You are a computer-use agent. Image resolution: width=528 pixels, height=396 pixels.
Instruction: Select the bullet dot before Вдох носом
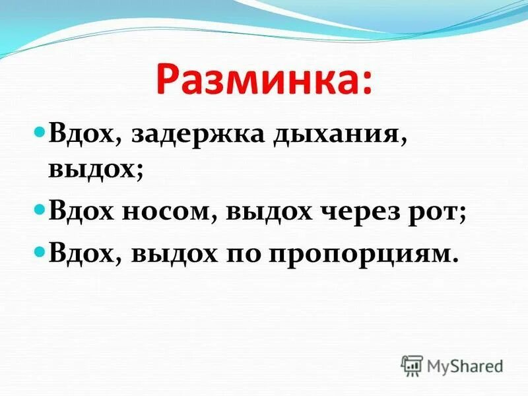39,213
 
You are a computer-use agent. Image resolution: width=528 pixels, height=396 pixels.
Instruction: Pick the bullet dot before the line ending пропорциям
39,251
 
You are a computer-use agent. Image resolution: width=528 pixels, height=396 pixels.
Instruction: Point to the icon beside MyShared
412,366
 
